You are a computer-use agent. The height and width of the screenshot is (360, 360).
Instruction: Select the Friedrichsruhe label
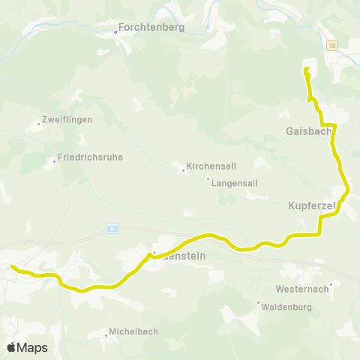(x=89, y=157)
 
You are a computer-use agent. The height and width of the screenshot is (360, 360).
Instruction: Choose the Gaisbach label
(x=307, y=130)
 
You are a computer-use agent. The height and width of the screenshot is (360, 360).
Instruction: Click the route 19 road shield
(x=332, y=46)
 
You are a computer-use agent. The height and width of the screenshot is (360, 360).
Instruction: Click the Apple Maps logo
(x=27, y=347)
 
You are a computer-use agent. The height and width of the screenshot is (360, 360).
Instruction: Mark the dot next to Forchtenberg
(x=115, y=32)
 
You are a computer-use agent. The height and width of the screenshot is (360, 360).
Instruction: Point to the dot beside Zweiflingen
(x=38, y=124)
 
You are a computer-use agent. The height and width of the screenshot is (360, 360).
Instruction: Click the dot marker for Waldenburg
(x=259, y=303)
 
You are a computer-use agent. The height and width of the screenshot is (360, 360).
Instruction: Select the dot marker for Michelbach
(x=106, y=334)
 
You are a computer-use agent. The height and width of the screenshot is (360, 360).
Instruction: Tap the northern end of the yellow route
(x=306, y=70)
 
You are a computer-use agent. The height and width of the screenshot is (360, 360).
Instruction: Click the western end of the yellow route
(x=12, y=266)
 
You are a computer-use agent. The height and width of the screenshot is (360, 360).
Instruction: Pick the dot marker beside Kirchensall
(x=183, y=170)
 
